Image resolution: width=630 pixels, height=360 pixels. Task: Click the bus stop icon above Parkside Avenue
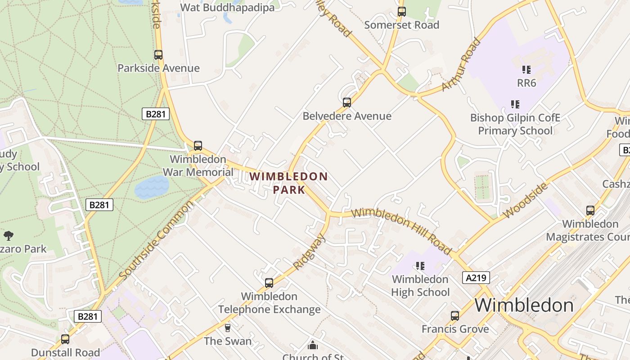[158, 55]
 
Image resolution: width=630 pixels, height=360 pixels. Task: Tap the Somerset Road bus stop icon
[401, 12]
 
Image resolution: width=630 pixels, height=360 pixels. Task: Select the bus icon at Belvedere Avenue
[347, 103]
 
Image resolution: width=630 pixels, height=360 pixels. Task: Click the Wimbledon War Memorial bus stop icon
[198, 146]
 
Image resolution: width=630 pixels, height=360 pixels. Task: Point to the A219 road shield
[476, 278]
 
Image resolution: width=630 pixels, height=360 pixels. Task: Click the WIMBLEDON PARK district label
[289, 183]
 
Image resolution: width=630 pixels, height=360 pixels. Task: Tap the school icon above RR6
[526, 70]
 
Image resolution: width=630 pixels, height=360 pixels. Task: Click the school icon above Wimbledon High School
[420, 266]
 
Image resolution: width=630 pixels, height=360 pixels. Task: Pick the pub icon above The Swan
[228, 328]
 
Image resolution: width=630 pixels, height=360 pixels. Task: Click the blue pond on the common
[152, 187]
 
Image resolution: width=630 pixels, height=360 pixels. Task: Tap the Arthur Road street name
[461, 64]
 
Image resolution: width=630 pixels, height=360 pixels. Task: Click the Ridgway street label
[309, 252]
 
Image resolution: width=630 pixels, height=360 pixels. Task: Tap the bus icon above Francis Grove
[455, 316]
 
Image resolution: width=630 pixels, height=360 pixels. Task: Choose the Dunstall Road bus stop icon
[65, 339]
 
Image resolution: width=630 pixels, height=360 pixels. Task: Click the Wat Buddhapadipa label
[227, 8]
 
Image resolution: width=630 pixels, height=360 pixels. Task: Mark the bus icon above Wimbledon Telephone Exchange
[269, 283]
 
